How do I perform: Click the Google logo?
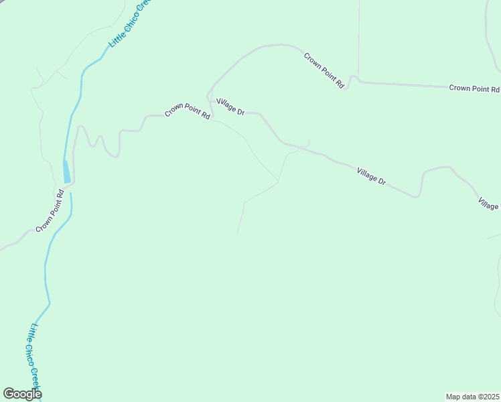coord(22,394)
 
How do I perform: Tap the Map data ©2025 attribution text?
coord(472,397)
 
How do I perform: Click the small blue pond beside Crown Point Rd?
coord(66,172)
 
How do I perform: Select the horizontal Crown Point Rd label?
coord(474,88)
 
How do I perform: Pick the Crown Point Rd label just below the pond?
coord(50,211)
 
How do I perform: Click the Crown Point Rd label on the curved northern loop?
coord(324,70)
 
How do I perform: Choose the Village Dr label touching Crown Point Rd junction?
coord(230,106)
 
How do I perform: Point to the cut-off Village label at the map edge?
coord(489,203)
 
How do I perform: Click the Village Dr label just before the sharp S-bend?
coord(371,176)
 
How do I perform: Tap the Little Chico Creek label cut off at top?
coord(131,23)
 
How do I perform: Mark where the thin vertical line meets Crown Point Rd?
coord(358,78)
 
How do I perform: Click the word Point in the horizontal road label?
coord(477,88)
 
